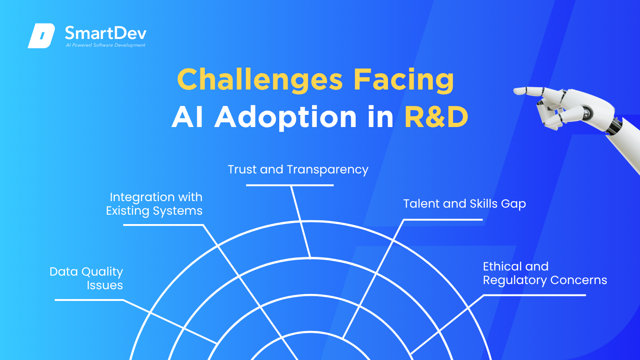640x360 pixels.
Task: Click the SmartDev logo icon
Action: click(x=41, y=36)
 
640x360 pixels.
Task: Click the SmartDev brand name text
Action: click(x=105, y=33)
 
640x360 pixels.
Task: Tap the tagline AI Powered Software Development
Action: click(x=105, y=45)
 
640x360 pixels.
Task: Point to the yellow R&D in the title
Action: click(x=436, y=117)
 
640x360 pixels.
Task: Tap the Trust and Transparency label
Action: click(x=298, y=169)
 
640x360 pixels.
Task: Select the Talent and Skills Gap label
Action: click(x=464, y=203)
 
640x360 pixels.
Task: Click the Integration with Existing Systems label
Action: click(x=155, y=203)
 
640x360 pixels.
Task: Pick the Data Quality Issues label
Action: click(x=87, y=278)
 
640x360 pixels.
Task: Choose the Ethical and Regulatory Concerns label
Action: click(x=544, y=273)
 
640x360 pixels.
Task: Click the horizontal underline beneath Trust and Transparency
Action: click(x=290, y=185)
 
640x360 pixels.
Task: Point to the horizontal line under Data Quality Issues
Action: click(x=89, y=300)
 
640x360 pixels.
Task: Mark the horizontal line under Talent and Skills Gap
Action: click(x=443, y=219)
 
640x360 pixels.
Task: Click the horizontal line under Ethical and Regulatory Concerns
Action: click(x=534, y=295)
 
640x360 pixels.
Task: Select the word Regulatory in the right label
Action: click(x=514, y=280)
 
